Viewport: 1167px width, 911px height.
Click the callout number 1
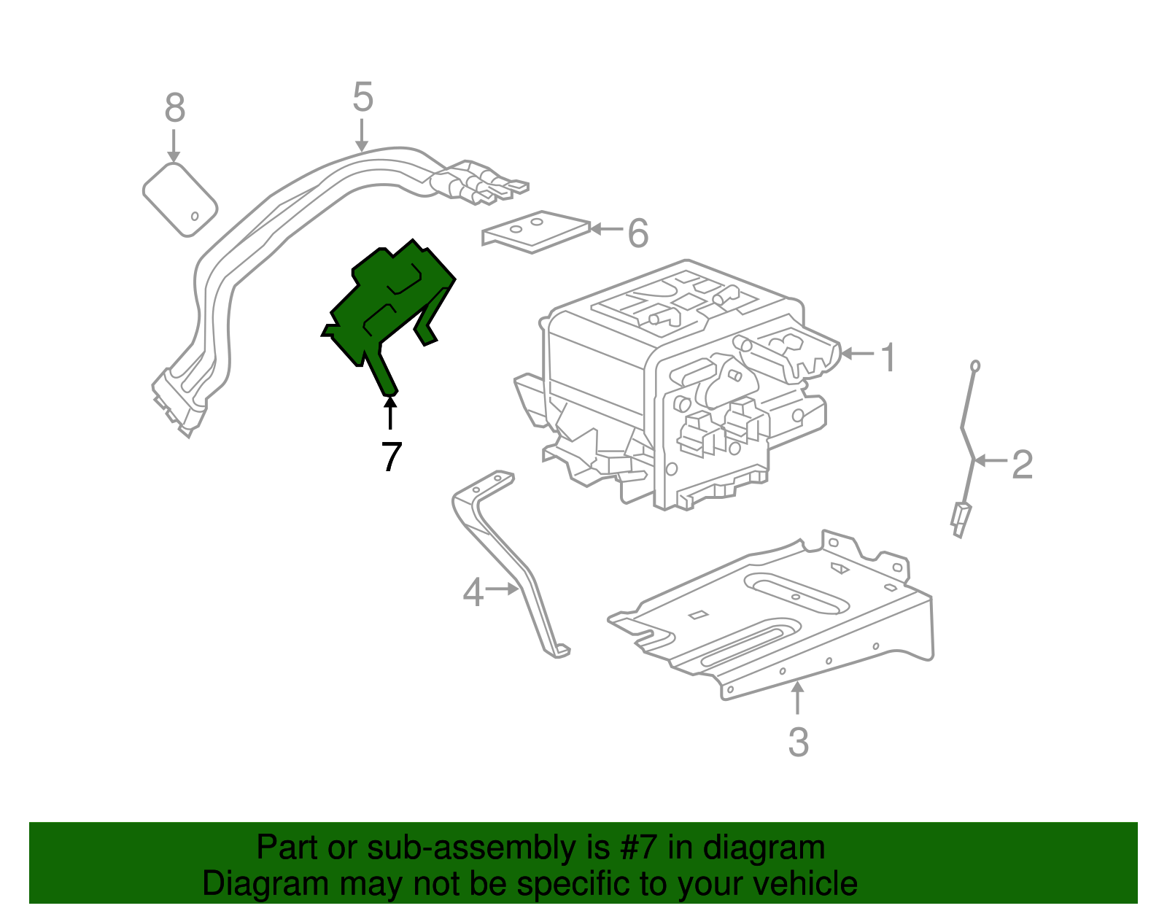[x=888, y=357]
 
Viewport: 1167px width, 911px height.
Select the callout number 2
[x=1022, y=465]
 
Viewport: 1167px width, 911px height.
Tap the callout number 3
[x=798, y=742]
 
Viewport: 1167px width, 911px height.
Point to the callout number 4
[x=473, y=592]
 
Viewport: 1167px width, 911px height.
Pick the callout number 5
[x=362, y=97]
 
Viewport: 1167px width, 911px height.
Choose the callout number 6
[x=637, y=233]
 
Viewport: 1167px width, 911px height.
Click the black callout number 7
[x=392, y=457]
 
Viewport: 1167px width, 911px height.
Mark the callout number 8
[x=174, y=108]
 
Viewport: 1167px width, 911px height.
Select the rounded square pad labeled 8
[x=179, y=198]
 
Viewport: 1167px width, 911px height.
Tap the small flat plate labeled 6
[x=536, y=231]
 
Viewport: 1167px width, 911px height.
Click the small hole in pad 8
[x=195, y=216]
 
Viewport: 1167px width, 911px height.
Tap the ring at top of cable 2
[x=974, y=366]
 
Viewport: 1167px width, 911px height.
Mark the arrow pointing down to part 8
[x=174, y=146]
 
